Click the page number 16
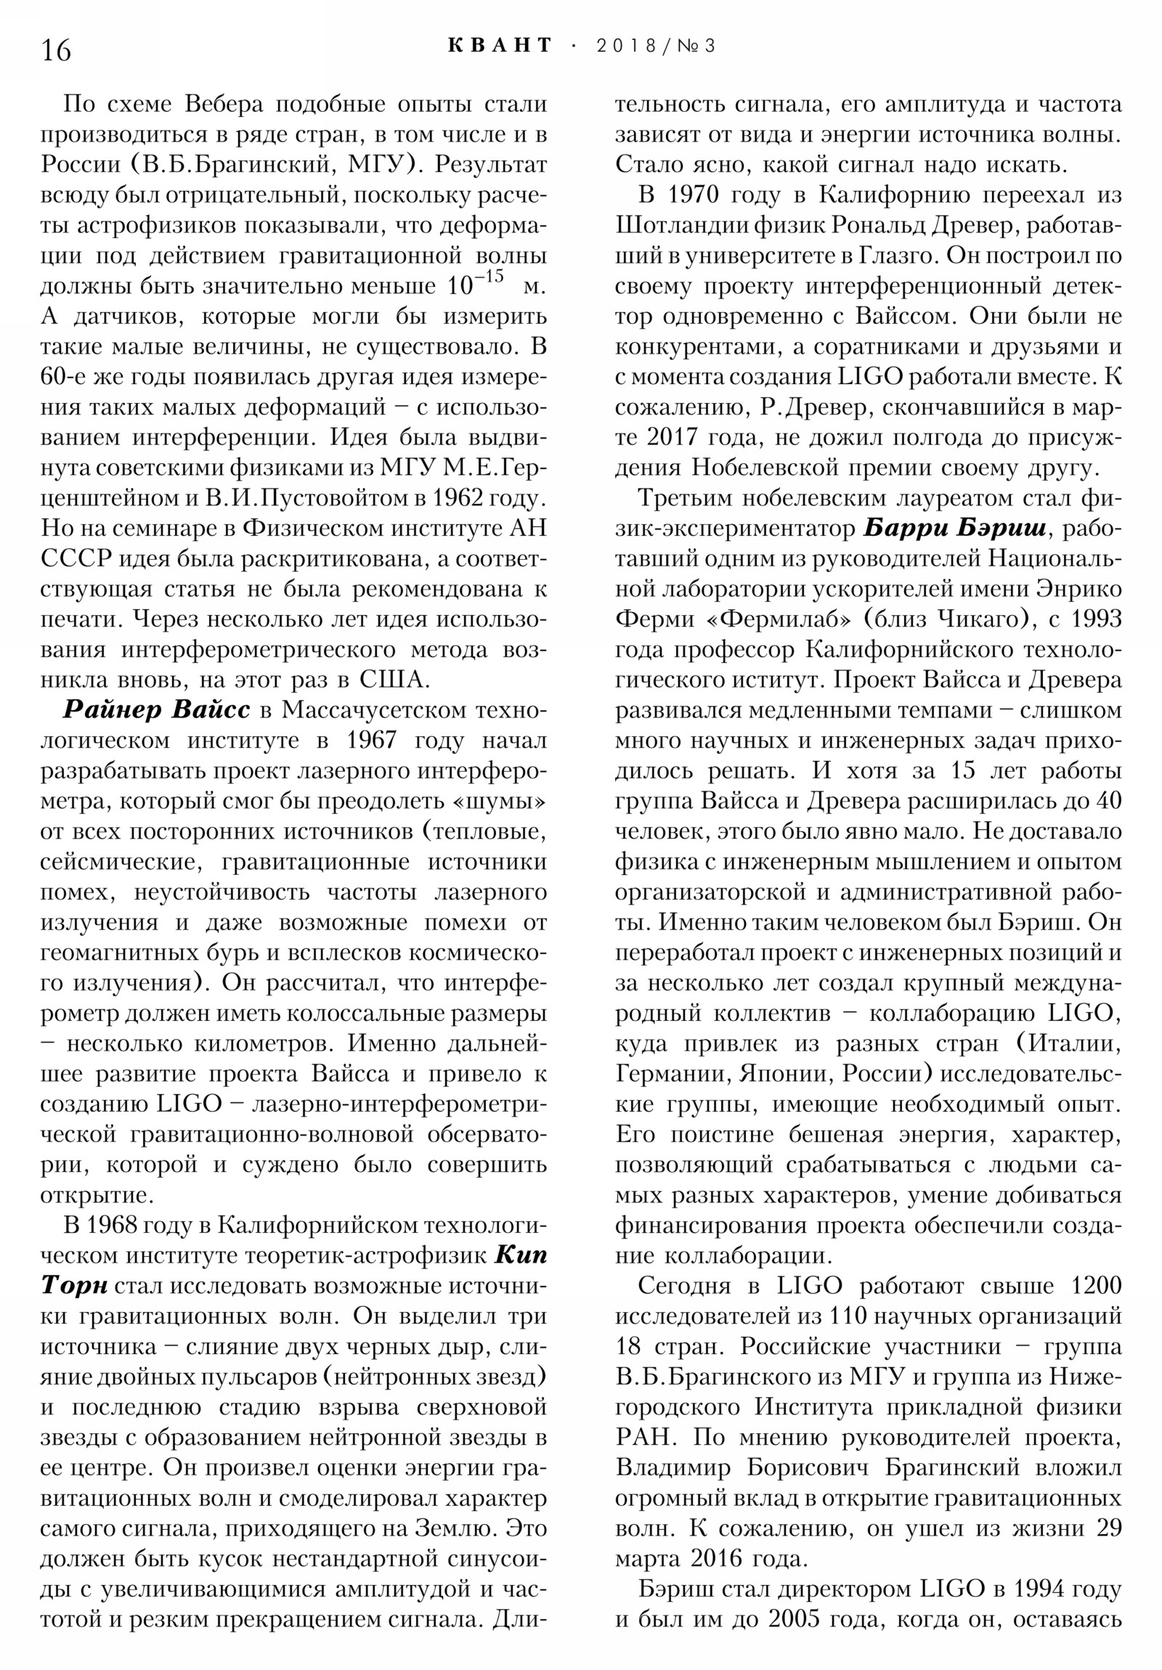(x=57, y=50)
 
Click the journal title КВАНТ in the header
(x=500, y=46)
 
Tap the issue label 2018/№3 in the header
(x=656, y=46)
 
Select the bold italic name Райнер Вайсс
(x=155, y=710)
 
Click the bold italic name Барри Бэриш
(x=954, y=529)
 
